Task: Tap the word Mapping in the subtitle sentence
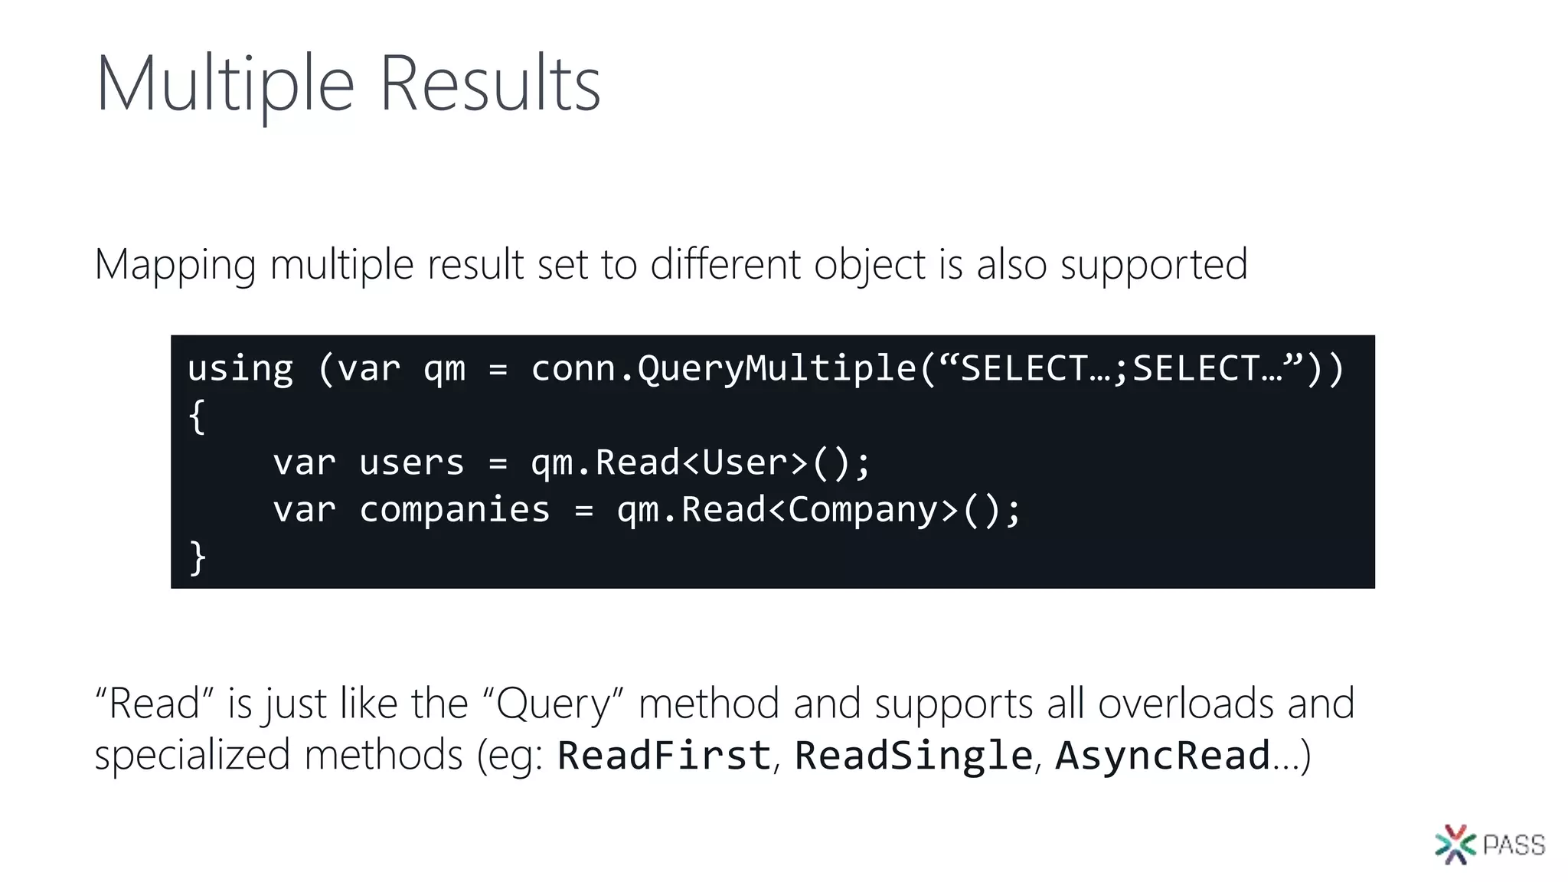pos(175,266)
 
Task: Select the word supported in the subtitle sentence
pos(1154,266)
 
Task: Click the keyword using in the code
pos(240,369)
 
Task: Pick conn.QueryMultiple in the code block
pos(724,369)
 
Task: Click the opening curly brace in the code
pos(197,417)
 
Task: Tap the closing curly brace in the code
pos(197,557)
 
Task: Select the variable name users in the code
pos(412,463)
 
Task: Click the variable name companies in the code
pos(455,511)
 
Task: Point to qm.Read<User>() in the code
pos(700,463)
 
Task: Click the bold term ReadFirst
pos(664,756)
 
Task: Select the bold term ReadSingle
pos(913,756)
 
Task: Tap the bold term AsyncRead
pos(1163,756)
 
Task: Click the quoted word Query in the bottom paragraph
pos(554,704)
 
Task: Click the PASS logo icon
pos(1455,844)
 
